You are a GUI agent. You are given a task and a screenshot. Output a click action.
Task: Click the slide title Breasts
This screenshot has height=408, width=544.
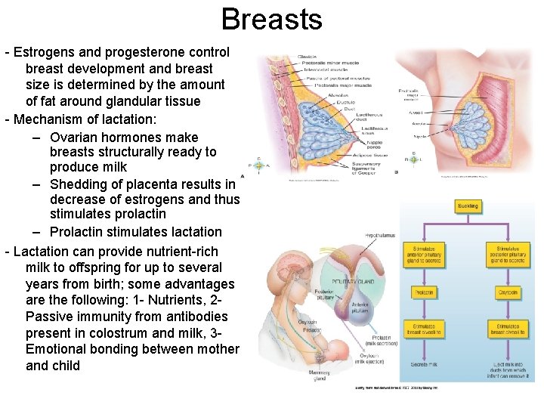coord(272,19)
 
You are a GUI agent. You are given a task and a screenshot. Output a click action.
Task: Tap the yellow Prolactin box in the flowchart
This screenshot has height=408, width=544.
coord(424,292)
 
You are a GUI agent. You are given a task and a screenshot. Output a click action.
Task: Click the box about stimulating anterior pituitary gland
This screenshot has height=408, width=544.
coord(424,256)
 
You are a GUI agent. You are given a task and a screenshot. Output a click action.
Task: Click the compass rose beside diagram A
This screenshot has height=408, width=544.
coord(258,165)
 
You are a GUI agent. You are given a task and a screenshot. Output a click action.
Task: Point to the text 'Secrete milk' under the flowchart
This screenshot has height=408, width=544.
coord(423,365)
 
